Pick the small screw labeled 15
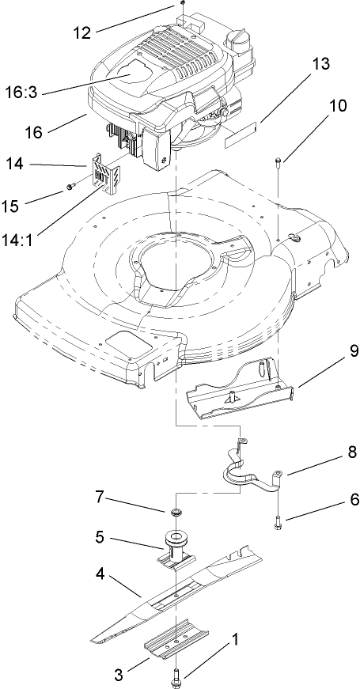coord(70,188)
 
